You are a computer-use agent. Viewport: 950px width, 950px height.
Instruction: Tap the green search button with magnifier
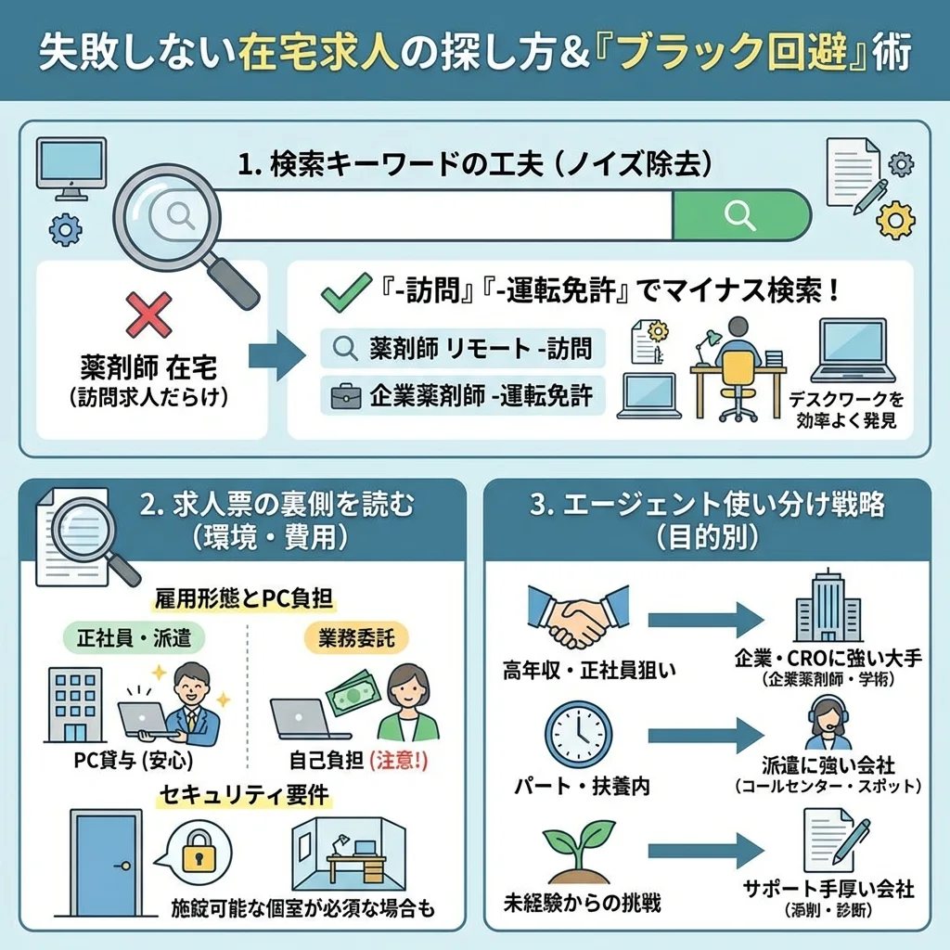[x=740, y=215]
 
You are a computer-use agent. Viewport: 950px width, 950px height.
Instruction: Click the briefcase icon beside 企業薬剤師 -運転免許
[x=346, y=396]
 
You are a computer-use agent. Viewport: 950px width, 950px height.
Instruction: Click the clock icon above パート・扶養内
[x=578, y=734]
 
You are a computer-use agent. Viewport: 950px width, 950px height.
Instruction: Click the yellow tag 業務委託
[x=356, y=638]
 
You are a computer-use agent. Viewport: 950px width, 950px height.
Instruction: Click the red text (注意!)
[x=399, y=761]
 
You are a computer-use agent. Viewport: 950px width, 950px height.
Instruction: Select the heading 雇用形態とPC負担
[x=246, y=598]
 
